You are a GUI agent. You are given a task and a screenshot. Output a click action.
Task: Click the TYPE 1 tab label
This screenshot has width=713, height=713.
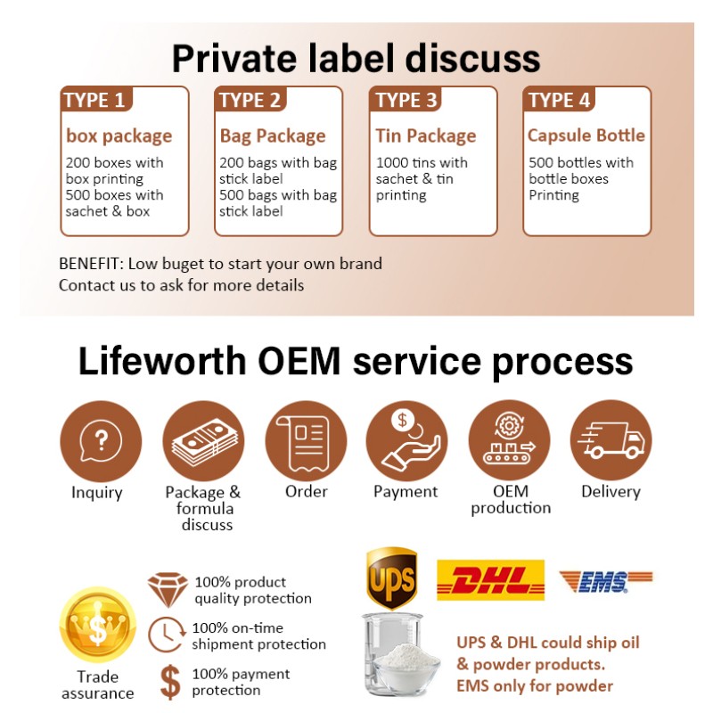(x=94, y=100)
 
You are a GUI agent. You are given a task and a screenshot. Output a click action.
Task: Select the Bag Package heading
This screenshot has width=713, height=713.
(x=273, y=136)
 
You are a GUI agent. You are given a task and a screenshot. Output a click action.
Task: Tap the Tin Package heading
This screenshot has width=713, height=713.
(x=426, y=136)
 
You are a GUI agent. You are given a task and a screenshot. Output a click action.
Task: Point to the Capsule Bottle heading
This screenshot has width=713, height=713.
(x=586, y=135)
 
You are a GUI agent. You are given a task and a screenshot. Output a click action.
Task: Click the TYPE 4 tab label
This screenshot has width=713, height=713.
(x=560, y=100)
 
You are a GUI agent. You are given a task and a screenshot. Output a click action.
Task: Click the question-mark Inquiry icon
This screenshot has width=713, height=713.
(x=101, y=440)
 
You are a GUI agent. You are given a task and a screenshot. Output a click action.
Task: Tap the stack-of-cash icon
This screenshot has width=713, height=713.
(x=203, y=440)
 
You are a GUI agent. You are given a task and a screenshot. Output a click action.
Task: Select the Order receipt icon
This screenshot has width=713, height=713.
(x=306, y=440)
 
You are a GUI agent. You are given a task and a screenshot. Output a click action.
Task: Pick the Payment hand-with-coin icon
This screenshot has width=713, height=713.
(x=406, y=440)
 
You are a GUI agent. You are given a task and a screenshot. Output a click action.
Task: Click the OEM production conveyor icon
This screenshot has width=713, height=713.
(x=509, y=440)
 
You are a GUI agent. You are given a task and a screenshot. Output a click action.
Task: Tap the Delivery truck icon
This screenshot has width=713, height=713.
(x=611, y=440)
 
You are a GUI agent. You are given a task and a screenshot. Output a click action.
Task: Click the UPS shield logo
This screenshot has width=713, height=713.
(x=391, y=577)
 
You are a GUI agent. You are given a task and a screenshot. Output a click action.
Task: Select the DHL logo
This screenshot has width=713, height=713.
(x=490, y=580)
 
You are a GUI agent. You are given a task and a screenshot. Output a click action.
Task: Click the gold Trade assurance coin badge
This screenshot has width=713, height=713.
(x=97, y=626)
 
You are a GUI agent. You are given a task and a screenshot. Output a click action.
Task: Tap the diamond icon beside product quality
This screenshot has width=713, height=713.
(x=167, y=588)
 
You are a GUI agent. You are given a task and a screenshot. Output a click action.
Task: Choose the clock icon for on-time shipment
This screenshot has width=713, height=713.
(x=166, y=634)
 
